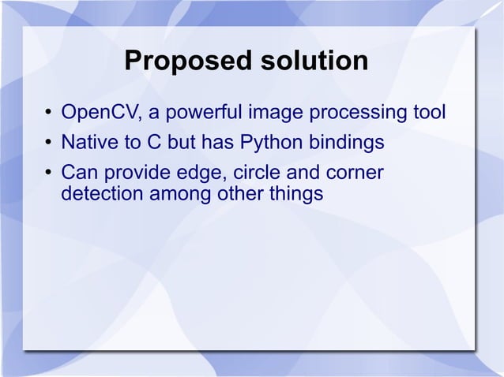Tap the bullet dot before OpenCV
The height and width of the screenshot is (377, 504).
coord(48,117)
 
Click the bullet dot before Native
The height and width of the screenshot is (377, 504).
coord(48,145)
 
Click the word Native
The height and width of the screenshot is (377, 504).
coord(87,144)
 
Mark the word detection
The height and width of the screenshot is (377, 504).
coord(100,192)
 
